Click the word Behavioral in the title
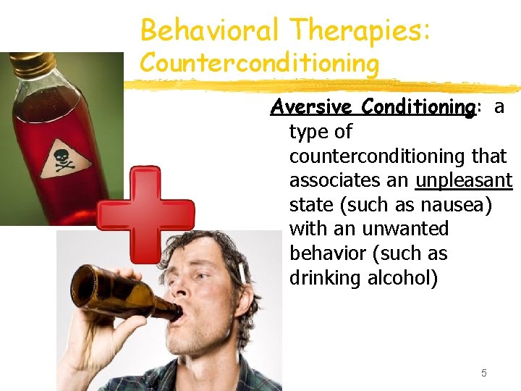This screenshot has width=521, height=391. pos(210,30)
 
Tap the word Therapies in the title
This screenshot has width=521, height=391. pos(359,30)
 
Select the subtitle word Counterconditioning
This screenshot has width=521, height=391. pos(259,64)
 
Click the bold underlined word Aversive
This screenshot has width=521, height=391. pos(312,107)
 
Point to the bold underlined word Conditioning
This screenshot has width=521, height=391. pos(418,107)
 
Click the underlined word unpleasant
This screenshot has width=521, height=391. pos(464,180)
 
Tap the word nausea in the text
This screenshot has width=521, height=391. pos(457,205)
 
